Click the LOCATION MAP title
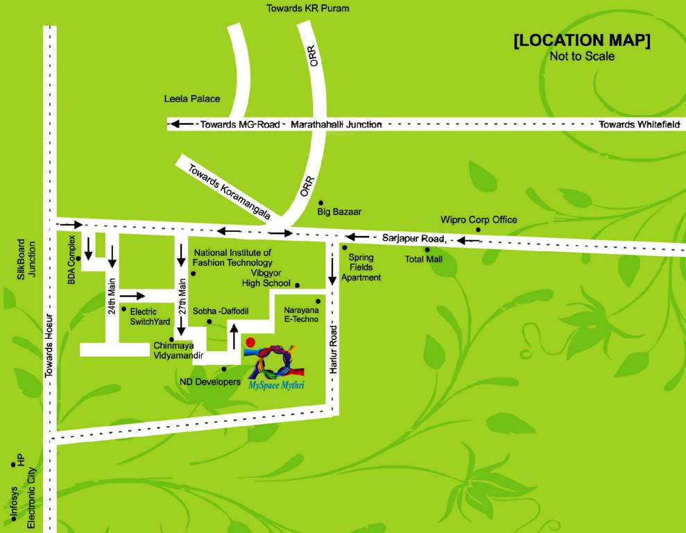[x=581, y=41]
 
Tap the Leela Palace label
[x=191, y=99]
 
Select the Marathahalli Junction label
[x=336, y=124]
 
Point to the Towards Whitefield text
[x=635, y=124]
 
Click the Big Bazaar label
[x=339, y=210]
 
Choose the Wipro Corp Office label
[x=479, y=220]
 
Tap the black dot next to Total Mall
[x=427, y=249]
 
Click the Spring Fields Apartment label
[x=365, y=267]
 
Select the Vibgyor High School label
[x=266, y=278]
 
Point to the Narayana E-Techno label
[x=300, y=314]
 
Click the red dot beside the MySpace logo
[x=251, y=341]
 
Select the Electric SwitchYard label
[x=149, y=316]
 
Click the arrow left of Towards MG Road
[x=182, y=124]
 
